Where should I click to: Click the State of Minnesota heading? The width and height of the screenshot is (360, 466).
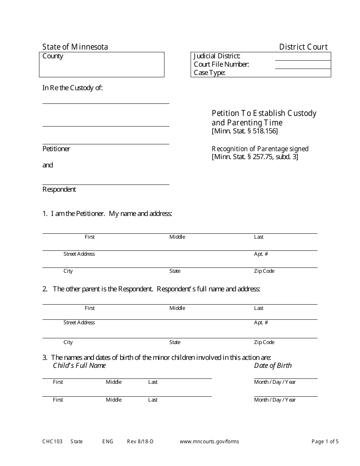(x=75, y=47)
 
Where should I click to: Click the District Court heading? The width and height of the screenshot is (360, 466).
(x=303, y=47)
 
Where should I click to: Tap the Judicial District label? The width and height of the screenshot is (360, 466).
(x=217, y=56)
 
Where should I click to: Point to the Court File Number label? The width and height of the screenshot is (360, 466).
(x=221, y=64)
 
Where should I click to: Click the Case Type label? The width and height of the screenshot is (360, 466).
(x=210, y=73)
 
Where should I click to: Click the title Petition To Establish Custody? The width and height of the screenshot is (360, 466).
(x=264, y=113)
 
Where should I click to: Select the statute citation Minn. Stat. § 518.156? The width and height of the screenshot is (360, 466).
(x=245, y=131)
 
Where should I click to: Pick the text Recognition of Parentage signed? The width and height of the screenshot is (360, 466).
(x=260, y=149)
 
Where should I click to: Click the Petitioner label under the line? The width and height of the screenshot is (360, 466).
(x=56, y=149)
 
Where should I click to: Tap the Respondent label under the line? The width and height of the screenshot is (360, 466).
(x=59, y=189)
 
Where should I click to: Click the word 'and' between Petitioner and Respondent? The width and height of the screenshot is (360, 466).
(x=48, y=165)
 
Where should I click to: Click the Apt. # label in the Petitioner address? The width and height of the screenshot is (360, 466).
(x=261, y=254)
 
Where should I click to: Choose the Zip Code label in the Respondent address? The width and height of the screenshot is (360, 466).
(x=264, y=342)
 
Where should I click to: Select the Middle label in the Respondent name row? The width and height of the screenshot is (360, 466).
(x=177, y=308)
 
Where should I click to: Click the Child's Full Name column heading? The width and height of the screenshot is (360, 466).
(x=79, y=366)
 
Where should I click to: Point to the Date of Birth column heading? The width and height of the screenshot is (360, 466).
(x=273, y=366)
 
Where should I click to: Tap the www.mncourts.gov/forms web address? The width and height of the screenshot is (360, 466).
(x=209, y=441)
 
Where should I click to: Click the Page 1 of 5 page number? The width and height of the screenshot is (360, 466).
(x=325, y=441)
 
